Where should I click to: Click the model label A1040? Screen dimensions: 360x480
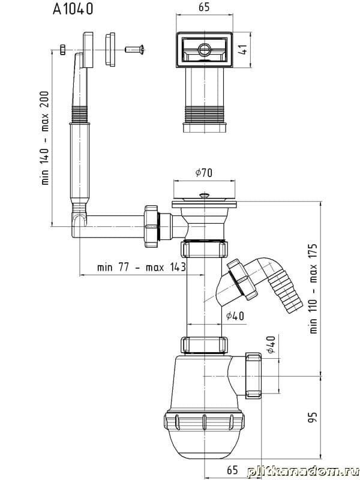coord(73,9)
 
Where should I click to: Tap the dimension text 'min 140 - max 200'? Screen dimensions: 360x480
coord(45,138)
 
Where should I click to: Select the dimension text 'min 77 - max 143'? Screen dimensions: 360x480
coord(142,267)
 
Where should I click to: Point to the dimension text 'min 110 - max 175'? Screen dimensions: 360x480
coord(313,289)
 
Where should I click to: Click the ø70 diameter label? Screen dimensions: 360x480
coord(204,173)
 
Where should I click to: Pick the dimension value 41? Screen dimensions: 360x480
coord(244,50)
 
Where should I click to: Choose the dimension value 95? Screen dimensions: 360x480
coord(313,417)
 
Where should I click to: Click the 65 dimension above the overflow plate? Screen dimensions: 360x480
coord(204,7)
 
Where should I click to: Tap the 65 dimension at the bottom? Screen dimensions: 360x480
coord(232,470)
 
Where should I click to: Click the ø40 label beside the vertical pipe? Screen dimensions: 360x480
coord(235,316)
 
